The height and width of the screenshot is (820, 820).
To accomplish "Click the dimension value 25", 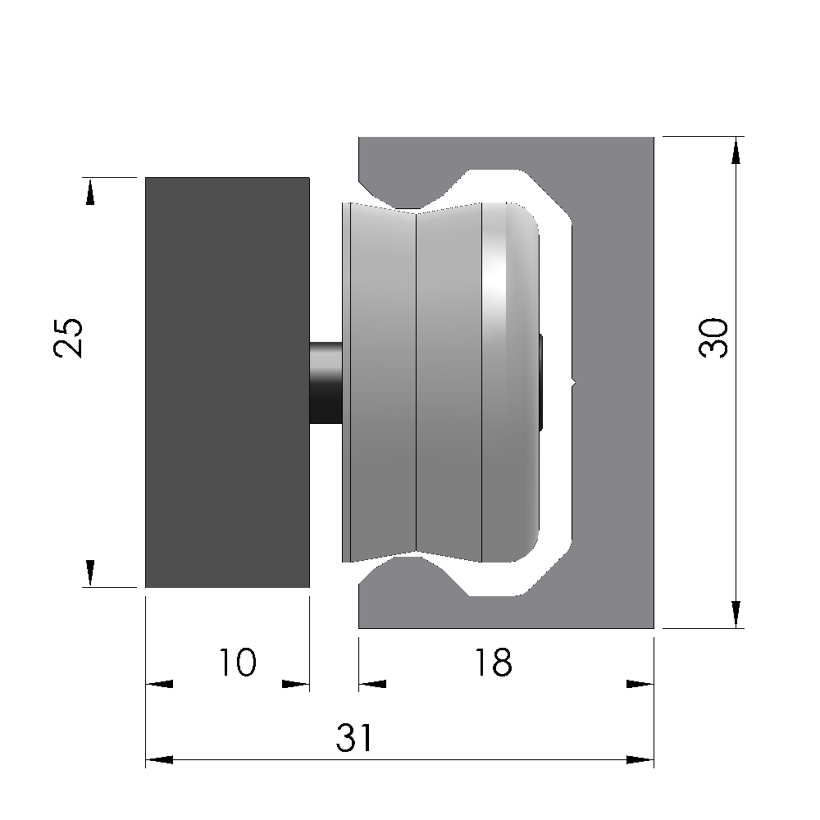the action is (x=68, y=338).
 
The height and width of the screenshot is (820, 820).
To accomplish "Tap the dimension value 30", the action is (x=713, y=338).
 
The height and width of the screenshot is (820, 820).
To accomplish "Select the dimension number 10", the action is (x=238, y=662).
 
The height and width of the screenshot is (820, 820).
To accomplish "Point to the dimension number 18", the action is (x=494, y=662).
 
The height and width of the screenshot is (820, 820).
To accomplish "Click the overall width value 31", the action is (x=354, y=737).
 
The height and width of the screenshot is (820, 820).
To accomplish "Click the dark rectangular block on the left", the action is (x=227, y=382).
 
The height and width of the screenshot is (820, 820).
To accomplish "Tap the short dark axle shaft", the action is (x=326, y=382).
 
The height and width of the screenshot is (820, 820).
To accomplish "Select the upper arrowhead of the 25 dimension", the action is (x=90, y=192).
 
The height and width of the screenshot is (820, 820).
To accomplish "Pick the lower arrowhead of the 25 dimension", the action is (x=90, y=573).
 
